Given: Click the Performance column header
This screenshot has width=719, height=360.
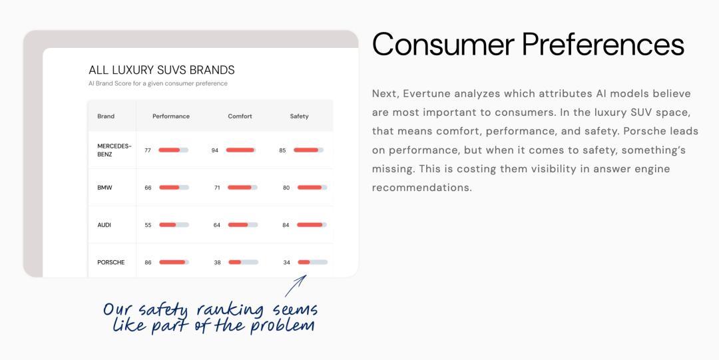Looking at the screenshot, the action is tap(171, 116).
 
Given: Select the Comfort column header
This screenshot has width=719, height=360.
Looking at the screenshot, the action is tap(240, 116).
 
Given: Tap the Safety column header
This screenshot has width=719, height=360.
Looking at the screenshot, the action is tap(299, 116).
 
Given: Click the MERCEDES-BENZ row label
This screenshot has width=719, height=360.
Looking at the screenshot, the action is tap(115, 150).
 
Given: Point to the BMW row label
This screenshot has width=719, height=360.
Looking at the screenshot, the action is tap(105, 188).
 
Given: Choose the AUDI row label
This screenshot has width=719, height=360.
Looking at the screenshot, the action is tap(104, 225).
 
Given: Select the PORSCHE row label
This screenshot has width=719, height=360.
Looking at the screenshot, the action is tap(111, 262).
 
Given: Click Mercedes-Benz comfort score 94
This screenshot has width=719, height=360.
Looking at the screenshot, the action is tap(214, 150).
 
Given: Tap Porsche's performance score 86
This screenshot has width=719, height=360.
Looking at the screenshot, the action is tap(148, 262).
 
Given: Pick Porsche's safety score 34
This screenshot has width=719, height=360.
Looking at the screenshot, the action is tap(286, 262).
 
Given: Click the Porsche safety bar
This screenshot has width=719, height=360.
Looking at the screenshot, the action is tap(313, 262).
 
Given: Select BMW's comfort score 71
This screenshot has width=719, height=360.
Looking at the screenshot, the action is tap(217, 188).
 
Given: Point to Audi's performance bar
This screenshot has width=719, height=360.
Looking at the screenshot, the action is tap(174, 225).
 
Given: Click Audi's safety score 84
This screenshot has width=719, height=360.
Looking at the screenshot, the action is tap(286, 225).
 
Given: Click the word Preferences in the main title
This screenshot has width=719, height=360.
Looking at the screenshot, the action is tap(603, 45).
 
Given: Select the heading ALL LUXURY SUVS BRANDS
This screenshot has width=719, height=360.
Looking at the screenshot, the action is tap(161, 70).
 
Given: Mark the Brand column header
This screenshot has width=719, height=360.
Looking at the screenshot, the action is tap(106, 116).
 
